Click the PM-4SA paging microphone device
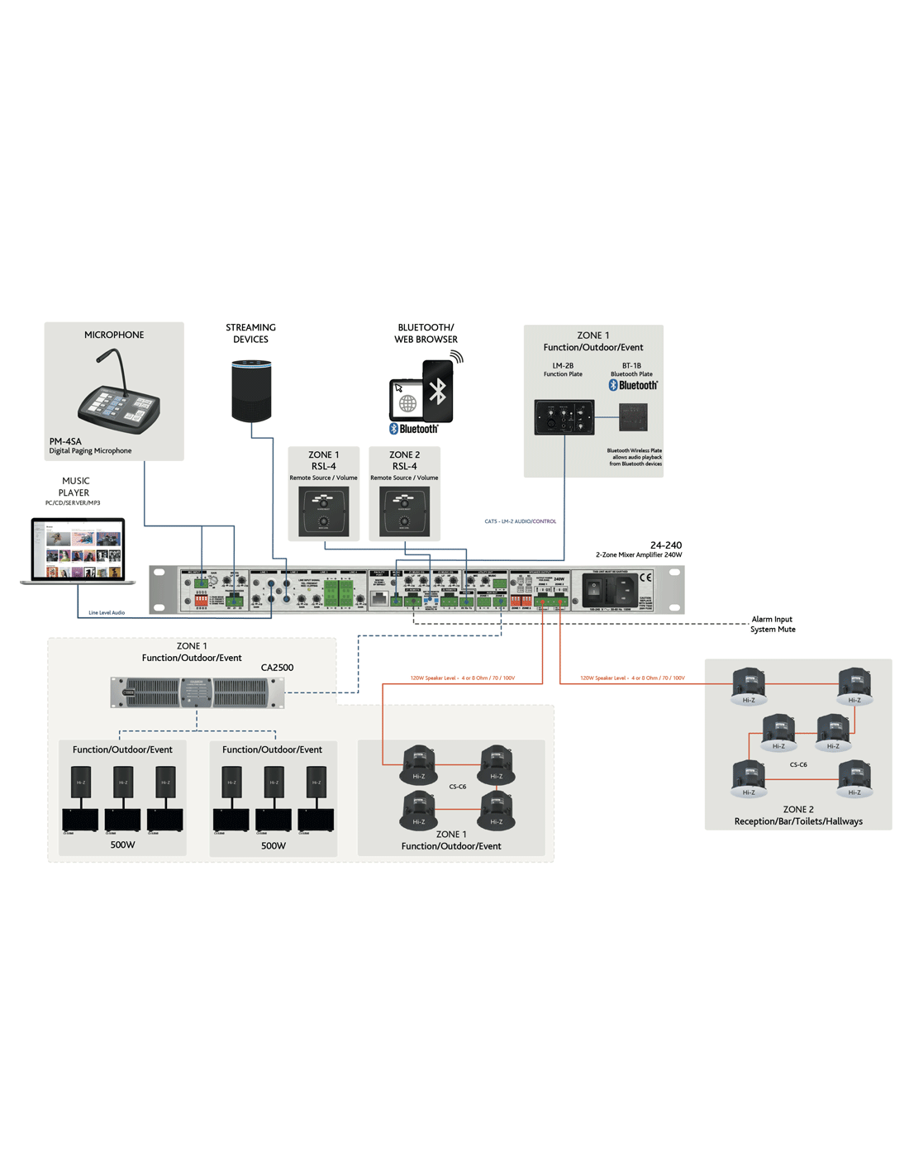pos(119,397)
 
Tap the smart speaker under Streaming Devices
pos(251,391)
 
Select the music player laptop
pos(78,550)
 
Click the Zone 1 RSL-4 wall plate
pos(323,511)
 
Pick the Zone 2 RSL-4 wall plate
pos(404,511)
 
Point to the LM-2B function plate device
pos(564,417)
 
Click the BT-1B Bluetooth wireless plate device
pos(633,417)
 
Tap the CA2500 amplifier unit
pos(198,692)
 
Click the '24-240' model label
pos(665,545)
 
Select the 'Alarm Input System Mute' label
pos(773,624)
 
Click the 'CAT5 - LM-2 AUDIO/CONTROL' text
pos(520,521)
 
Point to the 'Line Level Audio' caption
pos(107,612)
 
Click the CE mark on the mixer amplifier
pos(645,578)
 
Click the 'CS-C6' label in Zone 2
pos(798,764)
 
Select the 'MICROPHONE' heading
pos(114,335)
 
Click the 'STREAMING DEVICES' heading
pos(250,333)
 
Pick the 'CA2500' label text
pos(277,668)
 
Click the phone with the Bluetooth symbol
pos(437,391)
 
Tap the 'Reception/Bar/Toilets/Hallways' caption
pos(798,821)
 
